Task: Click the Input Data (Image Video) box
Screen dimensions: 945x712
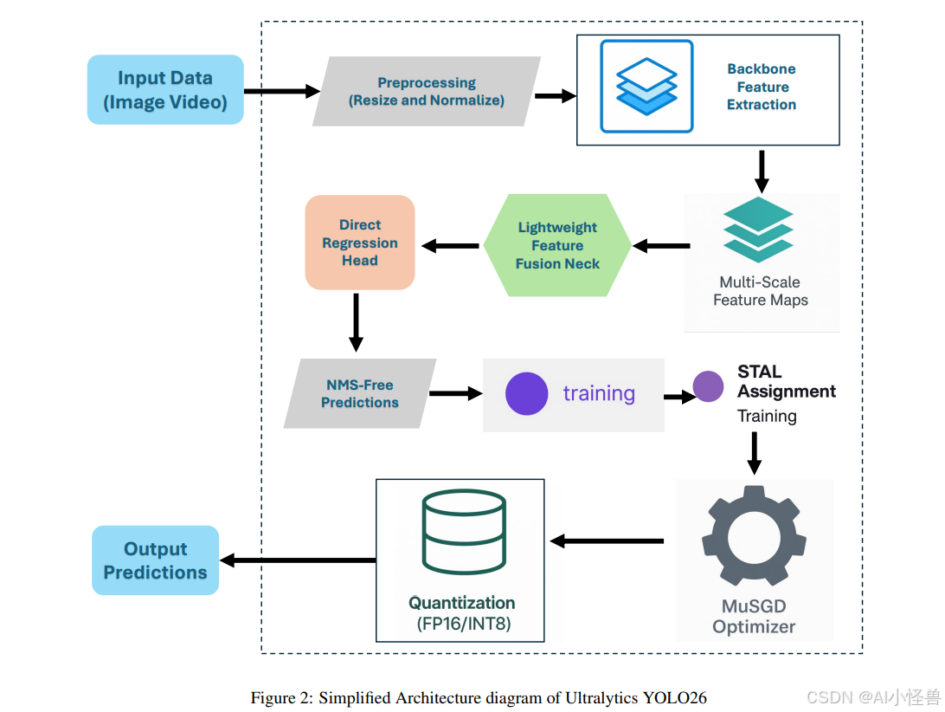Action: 165,90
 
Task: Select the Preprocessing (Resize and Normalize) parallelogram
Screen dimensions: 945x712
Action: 427,91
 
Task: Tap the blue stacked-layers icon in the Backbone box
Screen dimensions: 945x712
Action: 646,87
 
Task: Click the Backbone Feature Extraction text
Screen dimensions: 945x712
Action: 762,87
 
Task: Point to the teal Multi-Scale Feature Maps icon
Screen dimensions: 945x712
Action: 758,230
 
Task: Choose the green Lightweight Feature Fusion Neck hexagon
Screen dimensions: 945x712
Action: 557,245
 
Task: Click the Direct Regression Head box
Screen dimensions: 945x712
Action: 360,243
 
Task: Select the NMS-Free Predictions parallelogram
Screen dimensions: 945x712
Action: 360,393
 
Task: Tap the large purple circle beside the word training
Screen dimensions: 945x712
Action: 527,393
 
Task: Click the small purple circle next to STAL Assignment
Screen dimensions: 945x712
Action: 708,386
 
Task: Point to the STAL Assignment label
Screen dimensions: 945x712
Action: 787,381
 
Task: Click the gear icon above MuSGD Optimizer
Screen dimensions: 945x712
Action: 754,535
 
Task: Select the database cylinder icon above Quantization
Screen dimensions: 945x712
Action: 464,531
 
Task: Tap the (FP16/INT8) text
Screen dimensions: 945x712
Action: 464,624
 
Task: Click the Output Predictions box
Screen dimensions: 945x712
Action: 156,560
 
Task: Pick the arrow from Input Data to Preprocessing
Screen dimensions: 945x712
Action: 282,91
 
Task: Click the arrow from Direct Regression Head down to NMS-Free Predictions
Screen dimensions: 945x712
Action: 357,322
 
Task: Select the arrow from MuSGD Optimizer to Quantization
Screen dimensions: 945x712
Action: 607,541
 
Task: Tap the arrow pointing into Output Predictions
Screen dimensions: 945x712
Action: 298,560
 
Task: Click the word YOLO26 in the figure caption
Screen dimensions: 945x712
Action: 674,698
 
